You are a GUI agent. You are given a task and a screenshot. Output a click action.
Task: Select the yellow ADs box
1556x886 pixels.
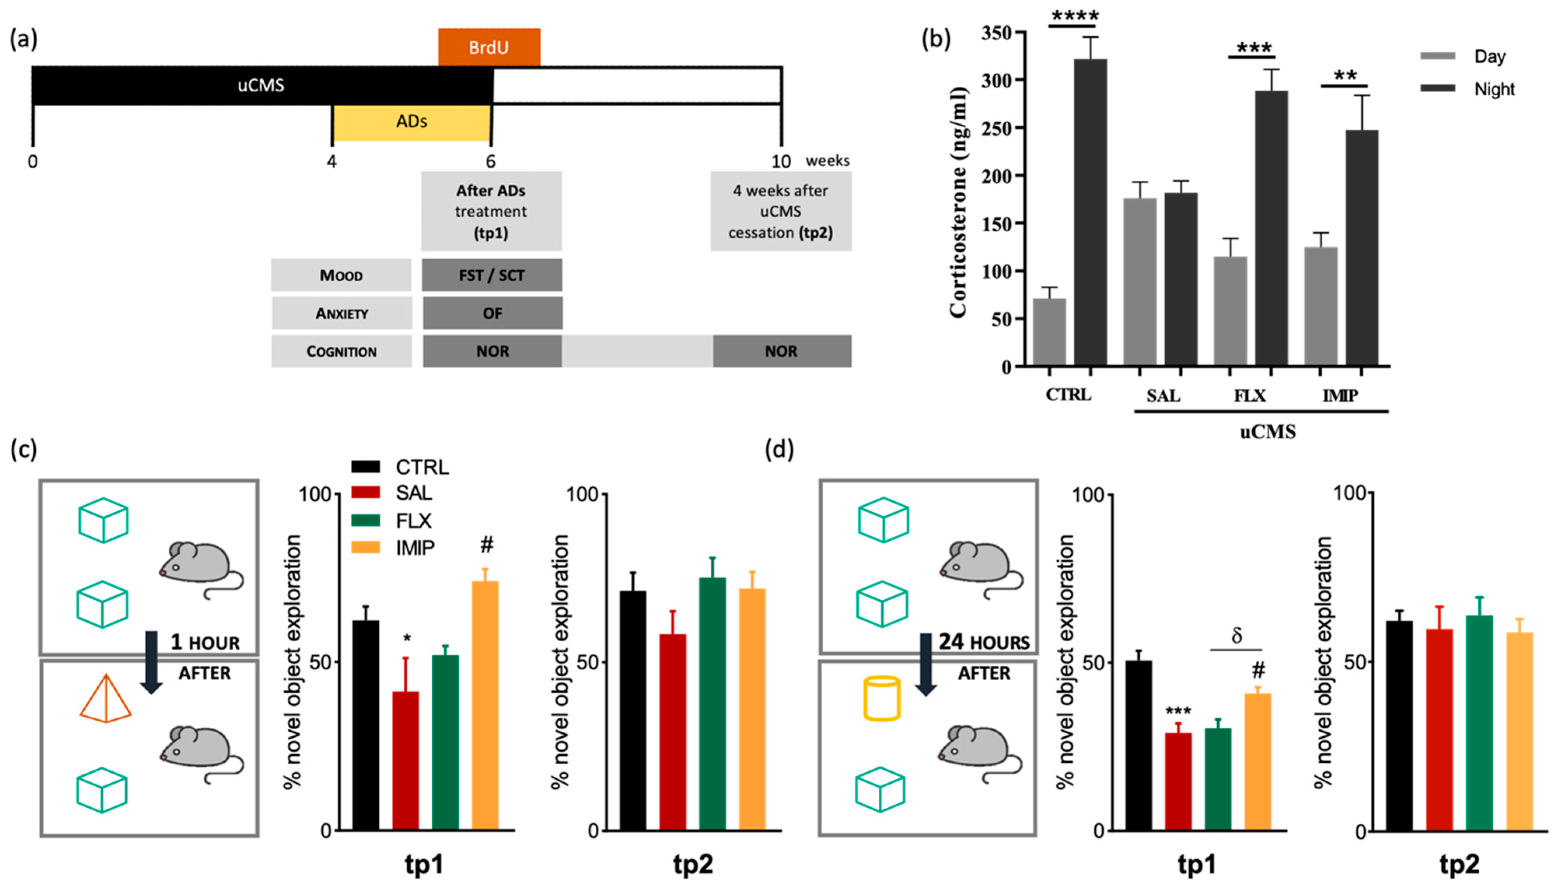(x=412, y=122)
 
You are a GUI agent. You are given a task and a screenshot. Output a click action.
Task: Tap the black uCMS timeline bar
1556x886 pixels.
(x=262, y=85)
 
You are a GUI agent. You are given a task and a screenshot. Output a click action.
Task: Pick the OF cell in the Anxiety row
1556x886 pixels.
(x=492, y=313)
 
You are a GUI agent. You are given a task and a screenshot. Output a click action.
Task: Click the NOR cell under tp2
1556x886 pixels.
(x=781, y=351)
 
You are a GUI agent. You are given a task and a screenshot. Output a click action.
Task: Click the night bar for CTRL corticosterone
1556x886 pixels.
(x=1090, y=213)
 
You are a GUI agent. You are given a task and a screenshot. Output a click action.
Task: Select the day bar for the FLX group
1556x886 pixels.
(x=1230, y=310)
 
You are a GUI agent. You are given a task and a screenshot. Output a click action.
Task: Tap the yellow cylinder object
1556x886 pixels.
(x=881, y=699)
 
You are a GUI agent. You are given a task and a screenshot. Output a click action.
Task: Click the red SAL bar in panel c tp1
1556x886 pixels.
(x=405, y=761)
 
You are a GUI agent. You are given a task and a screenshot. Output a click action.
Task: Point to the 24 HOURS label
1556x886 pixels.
(x=984, y=642)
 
